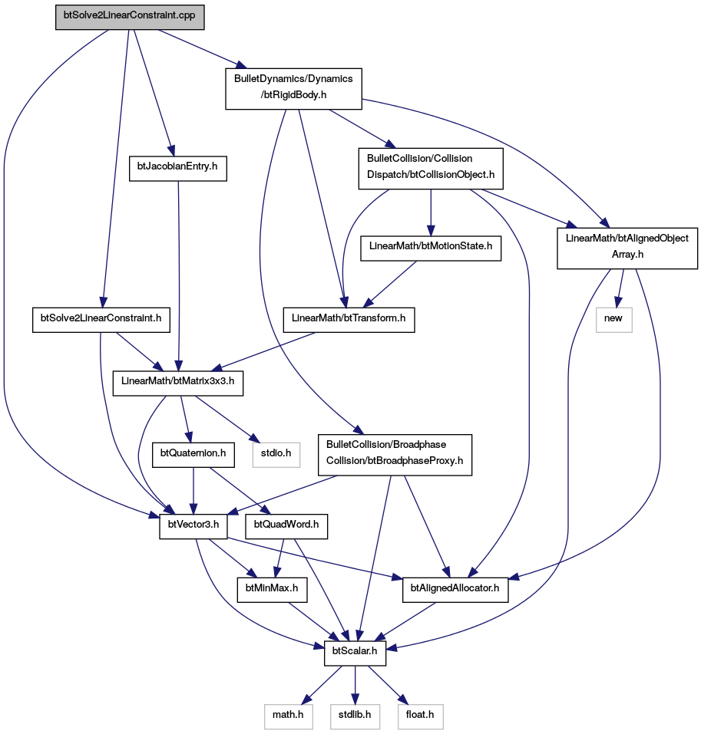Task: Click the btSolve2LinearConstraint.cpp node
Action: pyautogui.click(x=130, y=18)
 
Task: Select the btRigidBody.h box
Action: pyautogui.click(x=293, y=89)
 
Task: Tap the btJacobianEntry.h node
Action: pyautogui.click(x=178, y=169)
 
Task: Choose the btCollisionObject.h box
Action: pyautogui.click(x=431, y=169)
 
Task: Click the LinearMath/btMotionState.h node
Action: pyautogui.click(x=431, y=248)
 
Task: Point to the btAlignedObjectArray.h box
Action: pyautogui.click(x=627, y=248)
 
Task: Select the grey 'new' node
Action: pyautogui.click(x=613, y=320)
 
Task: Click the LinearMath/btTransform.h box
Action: pyautogui.click(x=349, y=320)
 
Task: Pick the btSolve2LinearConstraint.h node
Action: pyautogui.click(x=101, y=320)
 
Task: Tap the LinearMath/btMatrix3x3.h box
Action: pyautogui.click(x=178, y=383)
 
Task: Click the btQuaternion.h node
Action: pyautogui.click(x=193, y=455)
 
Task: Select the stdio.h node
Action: pyautogui.click(x=276, y=455)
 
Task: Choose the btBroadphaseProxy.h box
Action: pyautogui.click(x=395, y=455)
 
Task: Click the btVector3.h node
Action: pyautogui.click(x=193, y=526)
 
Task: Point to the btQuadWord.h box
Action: pyautogui.click(x=286, y=526)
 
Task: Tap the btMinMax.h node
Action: pyautogui.click(x=272, y=590)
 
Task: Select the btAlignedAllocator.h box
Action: pyautogui.click(x=455, y=590)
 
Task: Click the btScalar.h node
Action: pyautogui.click(x=355, y=653)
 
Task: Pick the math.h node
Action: pyautogui.click(x=288, y=716)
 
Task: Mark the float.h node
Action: pyautogui.click(x=420, y=716)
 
